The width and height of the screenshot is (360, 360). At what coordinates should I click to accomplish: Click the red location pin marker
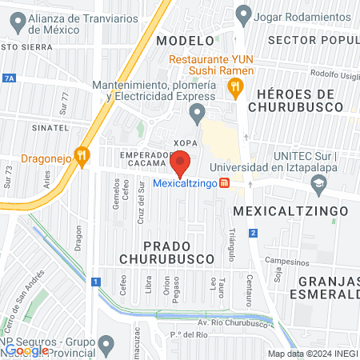[181, 162]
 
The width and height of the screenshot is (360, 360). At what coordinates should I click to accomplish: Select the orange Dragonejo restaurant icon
[81, 156]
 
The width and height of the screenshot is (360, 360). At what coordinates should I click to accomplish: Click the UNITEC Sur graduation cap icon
[319, 183]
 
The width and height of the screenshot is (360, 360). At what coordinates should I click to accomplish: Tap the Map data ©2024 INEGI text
[313, 354]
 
